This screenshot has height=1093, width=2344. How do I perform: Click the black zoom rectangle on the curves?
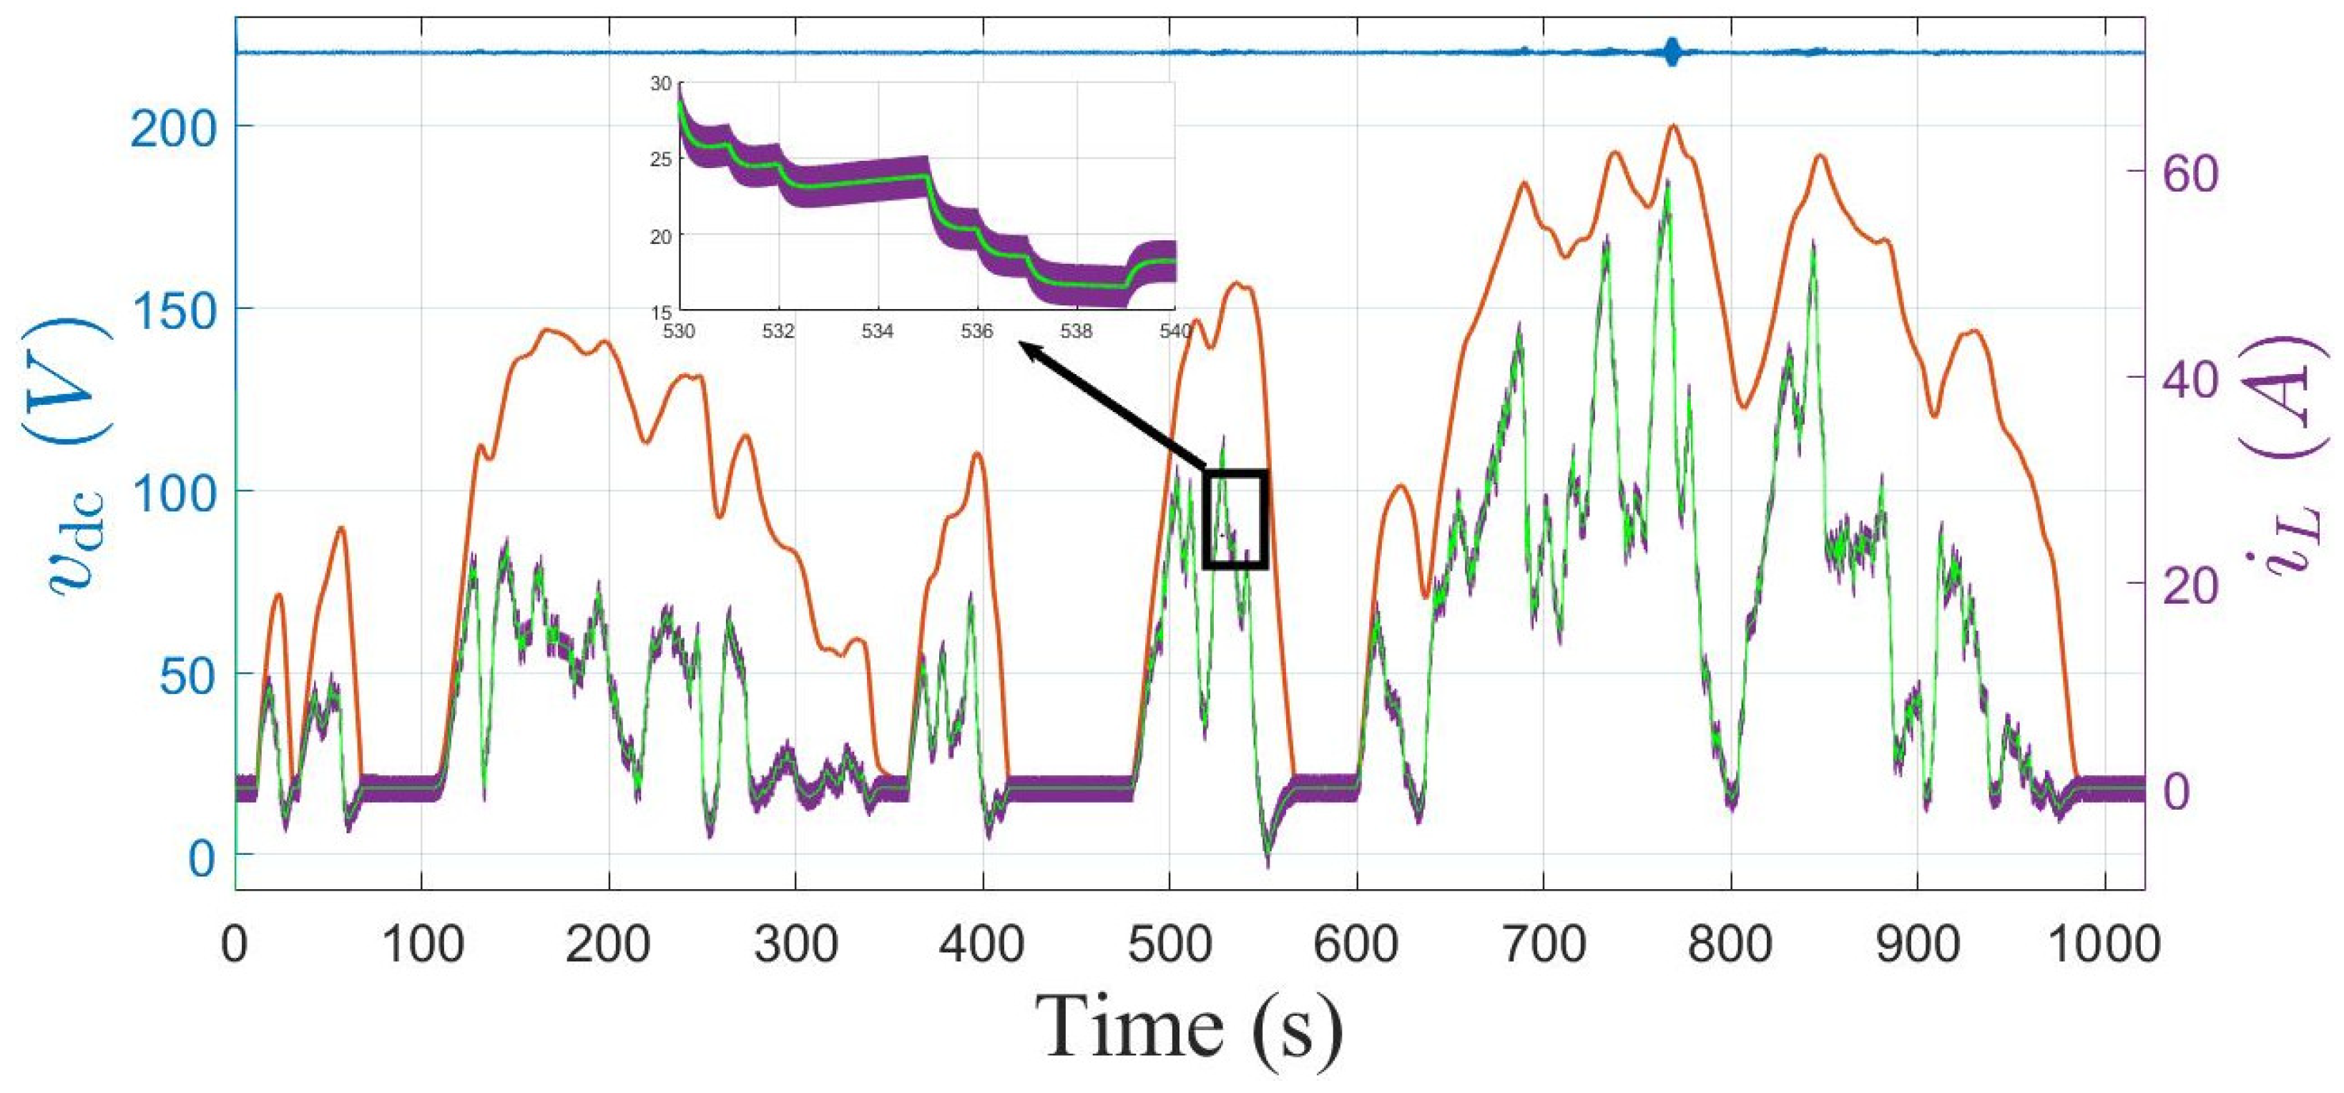pos(1236,519)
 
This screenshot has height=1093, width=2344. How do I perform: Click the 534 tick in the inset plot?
pos(877,331)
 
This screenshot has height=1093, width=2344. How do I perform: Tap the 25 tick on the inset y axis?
pos(662,160)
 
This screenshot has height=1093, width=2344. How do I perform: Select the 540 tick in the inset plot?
pos(1174,331)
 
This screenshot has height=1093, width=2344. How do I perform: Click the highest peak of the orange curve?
pos(1672,126)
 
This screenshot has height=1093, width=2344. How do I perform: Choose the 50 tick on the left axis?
pos(187,673)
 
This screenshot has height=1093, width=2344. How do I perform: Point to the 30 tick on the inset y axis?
pos(662,84)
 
